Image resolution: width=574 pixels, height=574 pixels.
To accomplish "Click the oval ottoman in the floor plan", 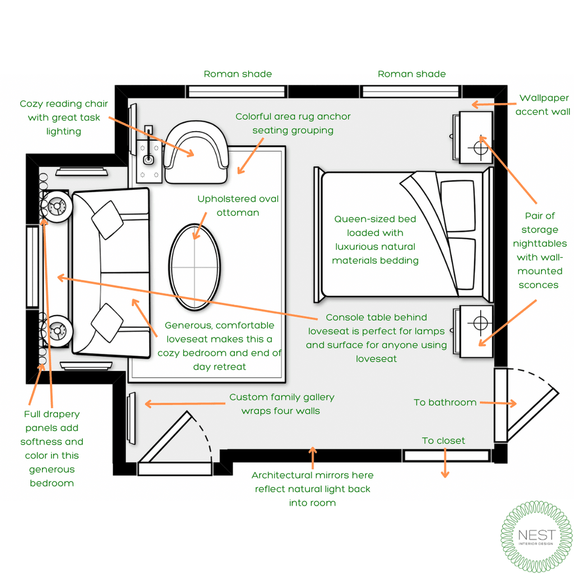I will [195, 268].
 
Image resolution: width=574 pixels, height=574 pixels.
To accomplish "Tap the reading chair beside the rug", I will [197, 152].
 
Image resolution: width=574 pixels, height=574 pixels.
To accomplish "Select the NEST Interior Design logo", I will [536, 537].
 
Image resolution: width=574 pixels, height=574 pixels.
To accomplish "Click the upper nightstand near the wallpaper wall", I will [476, 137].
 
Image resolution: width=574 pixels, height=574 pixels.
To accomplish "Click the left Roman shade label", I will [238, 74].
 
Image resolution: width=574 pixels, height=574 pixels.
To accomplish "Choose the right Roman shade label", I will [412, 74].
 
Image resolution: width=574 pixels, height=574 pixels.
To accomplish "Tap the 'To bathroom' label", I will [445, 402].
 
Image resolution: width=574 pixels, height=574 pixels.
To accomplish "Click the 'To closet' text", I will [443, 441].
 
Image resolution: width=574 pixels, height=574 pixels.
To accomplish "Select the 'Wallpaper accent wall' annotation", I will [543, 105].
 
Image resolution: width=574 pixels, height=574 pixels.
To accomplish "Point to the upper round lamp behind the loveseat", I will [56, 206].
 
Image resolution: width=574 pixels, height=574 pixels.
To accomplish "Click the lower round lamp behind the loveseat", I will [57, 330].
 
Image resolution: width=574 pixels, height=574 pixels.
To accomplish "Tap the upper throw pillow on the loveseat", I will [107, 219].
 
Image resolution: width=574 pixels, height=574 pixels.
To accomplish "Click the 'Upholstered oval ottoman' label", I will [238, 206].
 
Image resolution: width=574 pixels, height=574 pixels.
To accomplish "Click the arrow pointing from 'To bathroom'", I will [498, 402].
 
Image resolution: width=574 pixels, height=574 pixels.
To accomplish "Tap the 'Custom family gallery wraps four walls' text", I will [281, 404].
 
